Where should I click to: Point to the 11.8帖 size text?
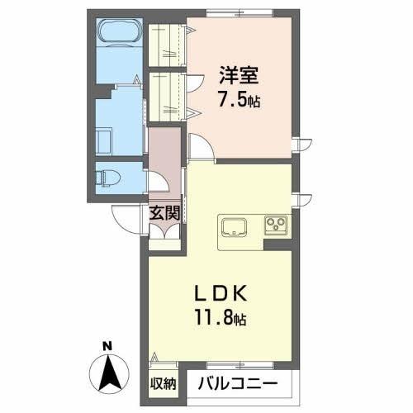click(x=220, y=318)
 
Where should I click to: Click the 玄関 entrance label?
click(x=165, y=212)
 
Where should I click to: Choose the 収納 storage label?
click(x=164, y=383)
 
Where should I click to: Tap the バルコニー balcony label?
click(x=237, y=384)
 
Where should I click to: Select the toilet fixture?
click(x=109, y=177)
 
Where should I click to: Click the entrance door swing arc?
click(x=124, y=219)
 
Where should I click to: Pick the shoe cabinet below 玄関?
click(x=164, y=235)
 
